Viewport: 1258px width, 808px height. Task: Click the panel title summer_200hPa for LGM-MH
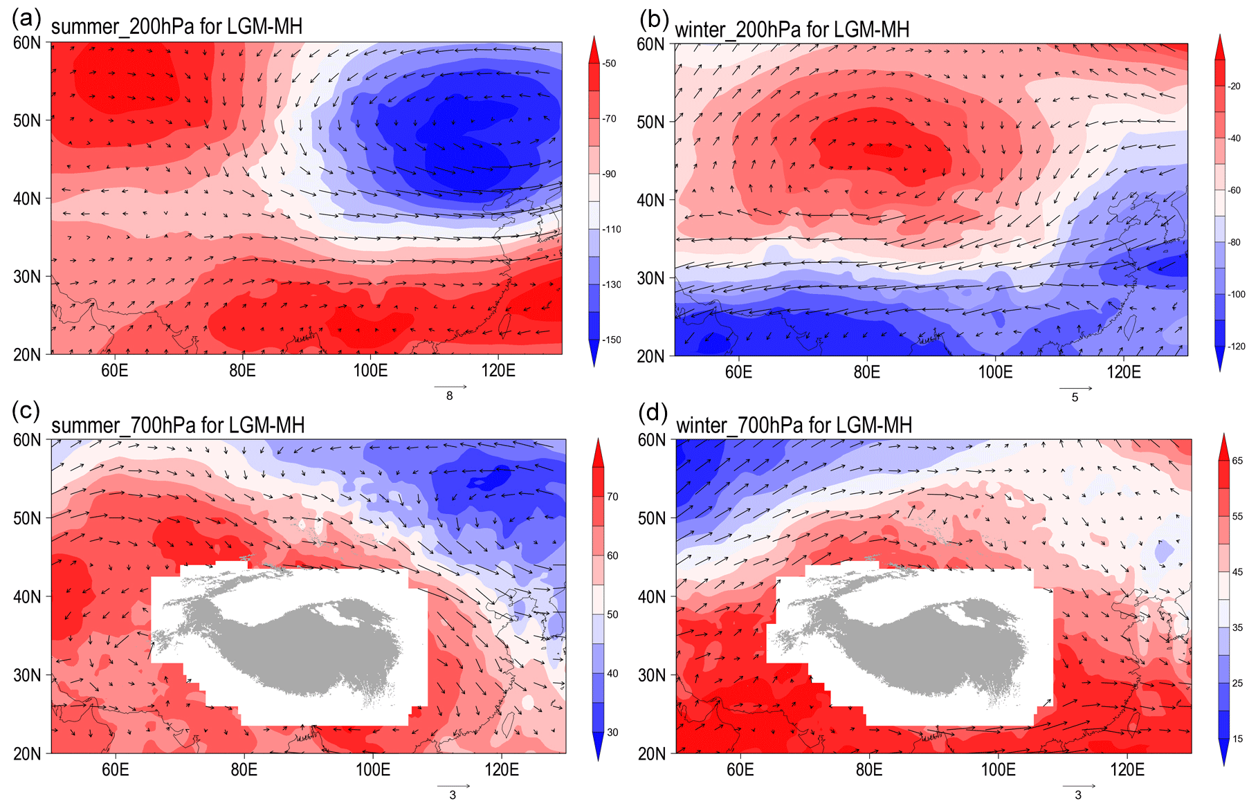coord(176,27)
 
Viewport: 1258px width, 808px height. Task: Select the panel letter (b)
coord(653,20)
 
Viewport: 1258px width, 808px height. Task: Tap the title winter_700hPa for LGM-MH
coord(794,425)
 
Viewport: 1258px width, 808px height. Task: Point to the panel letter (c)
coord(27,411)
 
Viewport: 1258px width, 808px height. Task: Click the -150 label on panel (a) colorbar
coord(611,340)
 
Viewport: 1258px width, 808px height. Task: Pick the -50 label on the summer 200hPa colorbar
coord(609,64)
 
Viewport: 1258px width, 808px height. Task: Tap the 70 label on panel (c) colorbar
coord(612,497)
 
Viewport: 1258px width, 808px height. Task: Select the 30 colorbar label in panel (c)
coord(612,733)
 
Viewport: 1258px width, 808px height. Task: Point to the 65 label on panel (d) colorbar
coord(1237,461)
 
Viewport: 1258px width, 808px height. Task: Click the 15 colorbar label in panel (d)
coord(1237,739)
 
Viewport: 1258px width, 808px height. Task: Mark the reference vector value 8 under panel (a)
coord(450,396)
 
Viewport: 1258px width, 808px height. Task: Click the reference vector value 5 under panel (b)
coord(1075,397)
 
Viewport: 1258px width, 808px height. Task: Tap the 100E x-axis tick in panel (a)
coord(370,371)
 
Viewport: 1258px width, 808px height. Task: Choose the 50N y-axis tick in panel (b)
coord(650,122)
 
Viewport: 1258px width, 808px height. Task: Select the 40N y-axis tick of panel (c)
coord(27,597)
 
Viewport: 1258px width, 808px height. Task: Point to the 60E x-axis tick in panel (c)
coord(115,770)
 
